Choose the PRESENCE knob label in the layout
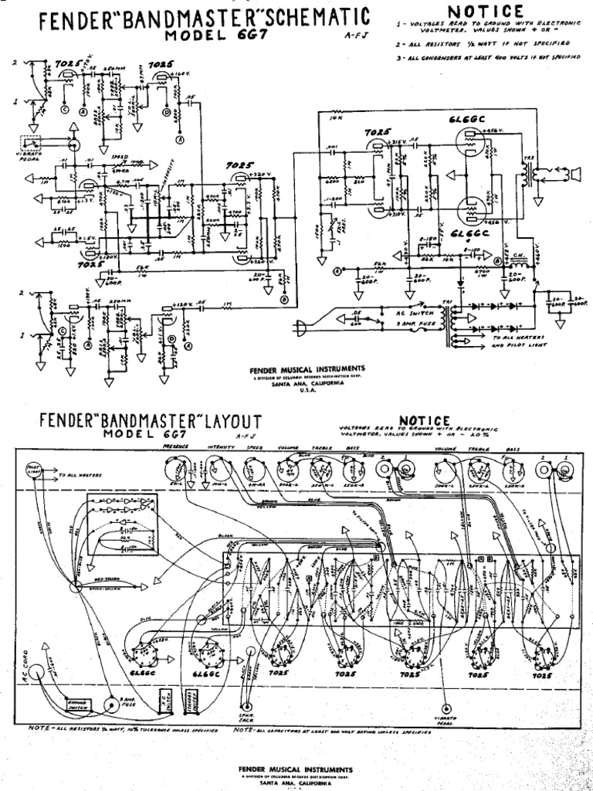click(179, 447)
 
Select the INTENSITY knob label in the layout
click(221, 447)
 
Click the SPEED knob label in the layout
click(256, 447)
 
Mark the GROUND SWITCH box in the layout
click(79, 705)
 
